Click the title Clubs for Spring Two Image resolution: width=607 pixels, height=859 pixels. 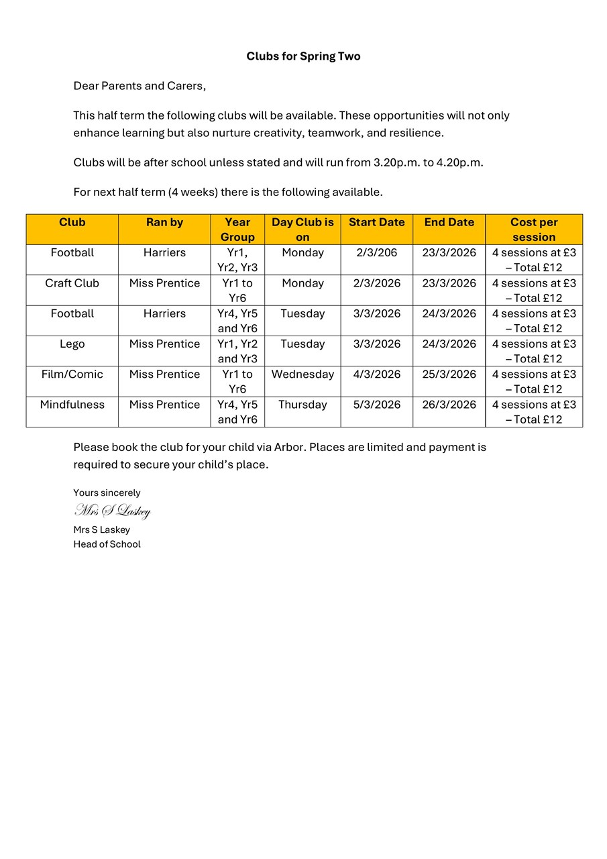303,56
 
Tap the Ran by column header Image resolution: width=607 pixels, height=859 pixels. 164,222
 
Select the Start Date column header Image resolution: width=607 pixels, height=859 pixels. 376,222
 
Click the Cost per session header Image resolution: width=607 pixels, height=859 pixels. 534,230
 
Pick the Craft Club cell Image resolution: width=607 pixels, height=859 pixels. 72,283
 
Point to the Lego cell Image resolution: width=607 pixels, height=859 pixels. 72,344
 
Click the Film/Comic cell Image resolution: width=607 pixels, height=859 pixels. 72,374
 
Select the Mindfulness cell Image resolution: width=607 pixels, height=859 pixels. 72,405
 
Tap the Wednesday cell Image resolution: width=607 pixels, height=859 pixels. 302,374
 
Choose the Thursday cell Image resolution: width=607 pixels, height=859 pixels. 302,405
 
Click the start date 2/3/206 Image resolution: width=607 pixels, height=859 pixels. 376,253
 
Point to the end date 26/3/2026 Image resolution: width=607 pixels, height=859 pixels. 449,405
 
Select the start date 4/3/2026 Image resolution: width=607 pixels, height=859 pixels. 376,374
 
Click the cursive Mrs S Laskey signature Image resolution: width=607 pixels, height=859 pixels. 112,511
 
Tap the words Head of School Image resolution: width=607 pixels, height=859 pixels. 107,544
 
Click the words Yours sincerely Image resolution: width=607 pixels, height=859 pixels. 107,493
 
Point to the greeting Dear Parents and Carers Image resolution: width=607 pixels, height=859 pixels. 140,86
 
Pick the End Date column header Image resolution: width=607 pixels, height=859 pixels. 449,222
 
